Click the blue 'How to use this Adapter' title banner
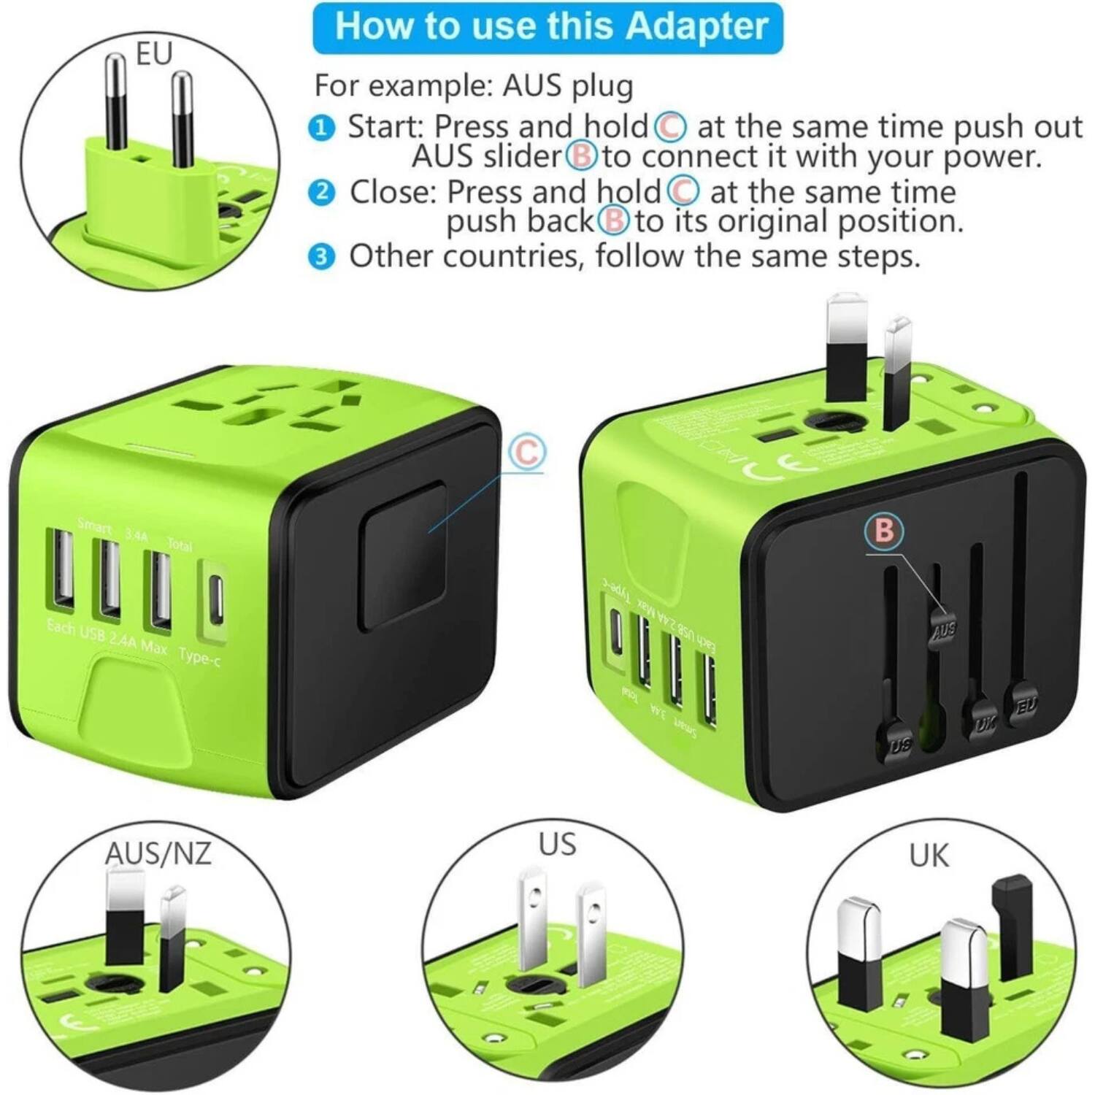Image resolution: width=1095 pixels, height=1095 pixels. click(547, 28)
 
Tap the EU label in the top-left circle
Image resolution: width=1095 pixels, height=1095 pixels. click(154, 54)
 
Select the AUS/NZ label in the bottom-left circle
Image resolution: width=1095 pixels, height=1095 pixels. click(158, 853)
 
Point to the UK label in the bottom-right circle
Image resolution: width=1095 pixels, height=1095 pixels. click(929, 856)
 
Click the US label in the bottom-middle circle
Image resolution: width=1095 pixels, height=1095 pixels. click(557, 844)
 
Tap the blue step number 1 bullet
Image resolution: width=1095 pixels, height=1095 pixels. click(321, 128)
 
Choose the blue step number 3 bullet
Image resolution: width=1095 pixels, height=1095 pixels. click(321, 258)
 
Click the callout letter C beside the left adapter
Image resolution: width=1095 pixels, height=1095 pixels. click(526, 453)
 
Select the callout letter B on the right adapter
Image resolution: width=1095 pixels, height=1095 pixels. click(883, 531)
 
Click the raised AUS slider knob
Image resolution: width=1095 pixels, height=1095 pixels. click(943, 628)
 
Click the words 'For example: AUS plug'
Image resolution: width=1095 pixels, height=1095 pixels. click(473, 86)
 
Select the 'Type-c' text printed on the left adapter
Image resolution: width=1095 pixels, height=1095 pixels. click(199, 656)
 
